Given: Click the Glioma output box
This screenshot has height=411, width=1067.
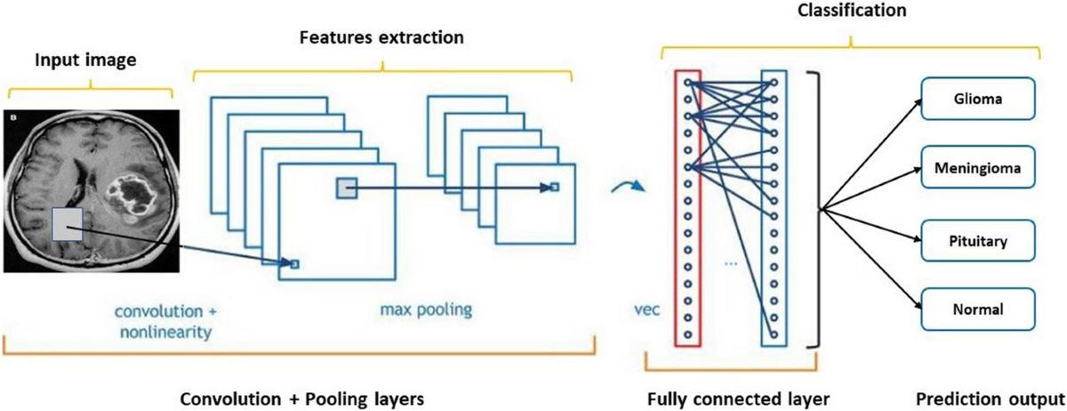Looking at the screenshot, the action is click(978, 99).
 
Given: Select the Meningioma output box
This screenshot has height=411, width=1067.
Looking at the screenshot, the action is click(978, 167).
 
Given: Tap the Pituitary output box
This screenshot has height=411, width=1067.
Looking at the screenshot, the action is click(978, 241).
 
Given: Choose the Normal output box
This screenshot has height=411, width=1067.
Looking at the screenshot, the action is click(978, 310).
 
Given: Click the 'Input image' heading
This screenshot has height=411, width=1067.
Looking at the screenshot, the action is click(85, 60).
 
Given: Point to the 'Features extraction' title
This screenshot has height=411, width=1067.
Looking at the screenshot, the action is click(381, 37).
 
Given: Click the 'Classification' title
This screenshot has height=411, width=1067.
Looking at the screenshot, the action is click(852, 10).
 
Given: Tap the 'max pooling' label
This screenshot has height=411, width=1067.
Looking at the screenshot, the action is click(426, 310).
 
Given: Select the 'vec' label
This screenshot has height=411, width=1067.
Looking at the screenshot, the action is click(647, 310).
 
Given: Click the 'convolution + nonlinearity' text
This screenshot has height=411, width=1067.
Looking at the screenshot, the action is click(165, 322).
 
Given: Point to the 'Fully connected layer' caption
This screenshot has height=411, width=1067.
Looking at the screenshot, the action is click(738, 399).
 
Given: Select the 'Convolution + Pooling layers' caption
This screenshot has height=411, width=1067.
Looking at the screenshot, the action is click(302, 399).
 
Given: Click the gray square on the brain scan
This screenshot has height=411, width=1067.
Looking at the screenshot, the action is click(68, 224).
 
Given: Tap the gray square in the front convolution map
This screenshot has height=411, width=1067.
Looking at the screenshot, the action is click(346, 188).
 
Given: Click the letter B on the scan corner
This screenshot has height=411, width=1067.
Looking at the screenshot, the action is click(12, 117).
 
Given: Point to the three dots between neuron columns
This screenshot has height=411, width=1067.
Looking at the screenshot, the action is click(731, 263).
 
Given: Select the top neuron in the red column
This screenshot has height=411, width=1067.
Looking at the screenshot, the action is click(687, 83).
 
